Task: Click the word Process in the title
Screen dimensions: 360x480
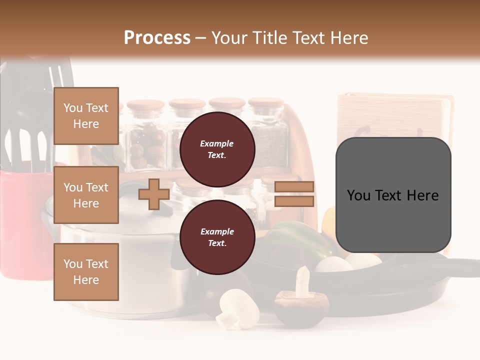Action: [x=157, y=37]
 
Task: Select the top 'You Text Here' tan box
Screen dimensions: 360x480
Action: [x=86, y=116]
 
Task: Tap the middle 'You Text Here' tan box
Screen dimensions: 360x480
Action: [x=86, y=195]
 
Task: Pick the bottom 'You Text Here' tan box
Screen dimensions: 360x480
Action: [x=86, y=271]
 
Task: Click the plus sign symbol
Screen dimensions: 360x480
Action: [x=154, y=194]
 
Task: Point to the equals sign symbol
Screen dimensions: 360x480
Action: [x=294, y=194]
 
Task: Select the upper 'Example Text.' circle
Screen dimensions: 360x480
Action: [x=217, y=149]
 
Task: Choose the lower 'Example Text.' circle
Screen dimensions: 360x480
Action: [x=217, y=237]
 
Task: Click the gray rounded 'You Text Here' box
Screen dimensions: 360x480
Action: [x=393, y=195]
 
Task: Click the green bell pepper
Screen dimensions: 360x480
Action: [x=295, y=237]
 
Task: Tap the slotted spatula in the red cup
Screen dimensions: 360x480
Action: [x=30, y=145]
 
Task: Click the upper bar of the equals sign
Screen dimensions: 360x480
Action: [x=294, y=187]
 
